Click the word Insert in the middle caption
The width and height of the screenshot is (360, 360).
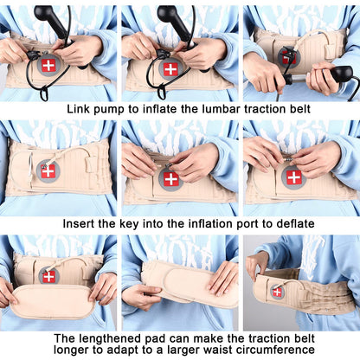pos(80,223)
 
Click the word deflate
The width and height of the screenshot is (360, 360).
pos(282,223)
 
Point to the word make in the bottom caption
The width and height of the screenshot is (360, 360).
pos(224,337)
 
